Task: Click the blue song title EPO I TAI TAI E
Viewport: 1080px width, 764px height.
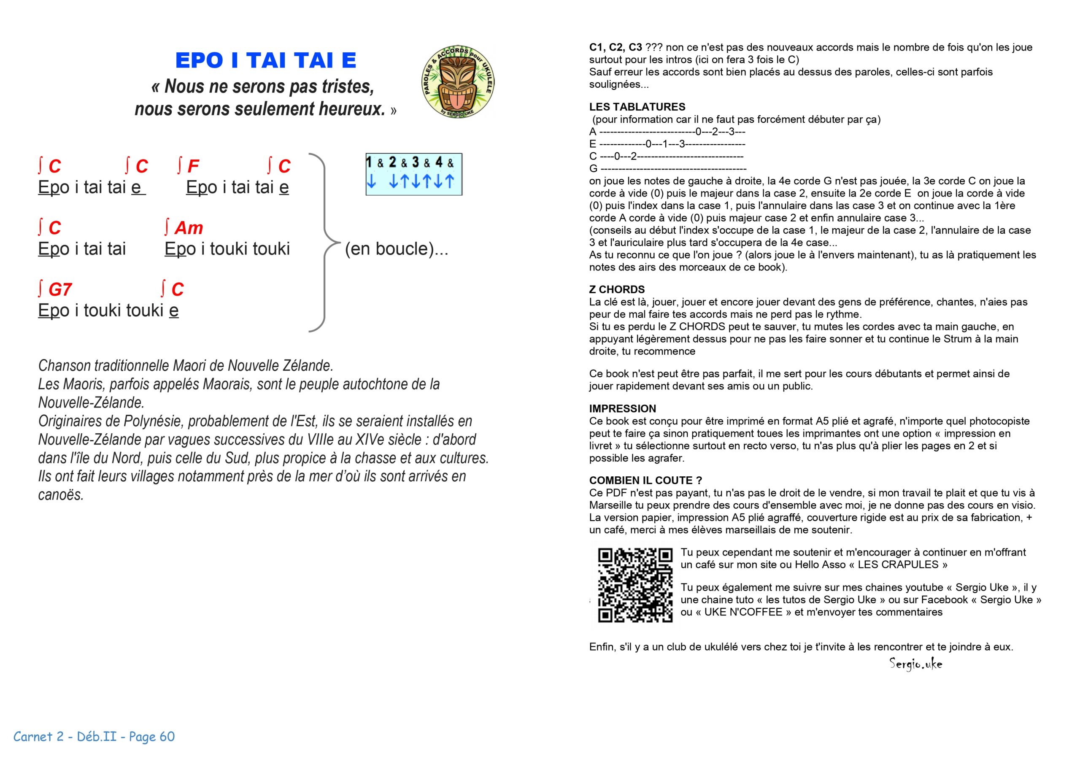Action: [266, 60]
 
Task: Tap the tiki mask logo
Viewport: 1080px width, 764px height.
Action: [458, 82]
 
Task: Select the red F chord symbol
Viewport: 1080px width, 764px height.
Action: [192, 166]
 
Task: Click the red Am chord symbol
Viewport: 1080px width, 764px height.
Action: [188, 228]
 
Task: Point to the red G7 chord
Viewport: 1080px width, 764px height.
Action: [59, 289]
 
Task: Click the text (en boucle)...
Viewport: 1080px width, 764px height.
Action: [396, 249]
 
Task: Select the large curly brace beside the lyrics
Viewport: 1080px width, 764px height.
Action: [324, 242]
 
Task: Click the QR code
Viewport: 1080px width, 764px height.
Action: [635, 585]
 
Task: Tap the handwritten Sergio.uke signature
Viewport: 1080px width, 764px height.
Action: [915, 664]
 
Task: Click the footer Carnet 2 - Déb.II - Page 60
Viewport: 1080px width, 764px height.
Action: [94, 736]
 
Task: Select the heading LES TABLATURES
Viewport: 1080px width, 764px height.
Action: [637, 107]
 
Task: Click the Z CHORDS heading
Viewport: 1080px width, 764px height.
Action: [617, 289]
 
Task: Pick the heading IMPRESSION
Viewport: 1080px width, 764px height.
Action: [622, 408]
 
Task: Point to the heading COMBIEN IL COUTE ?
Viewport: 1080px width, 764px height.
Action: [645, 481]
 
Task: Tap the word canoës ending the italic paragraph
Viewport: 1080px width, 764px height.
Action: [60, 495]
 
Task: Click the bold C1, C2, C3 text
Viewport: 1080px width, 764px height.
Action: [615, 47]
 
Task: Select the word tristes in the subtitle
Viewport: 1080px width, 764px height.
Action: [348, 86]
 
